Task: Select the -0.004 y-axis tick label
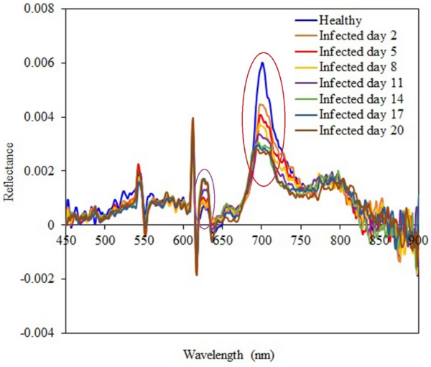(x=40, y=333)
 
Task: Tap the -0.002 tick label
(x=40, y=279)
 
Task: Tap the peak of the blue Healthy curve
(x=263, y=63)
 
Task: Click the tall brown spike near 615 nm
(x=193, y=119)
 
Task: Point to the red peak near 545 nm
(x=138, y=165)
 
